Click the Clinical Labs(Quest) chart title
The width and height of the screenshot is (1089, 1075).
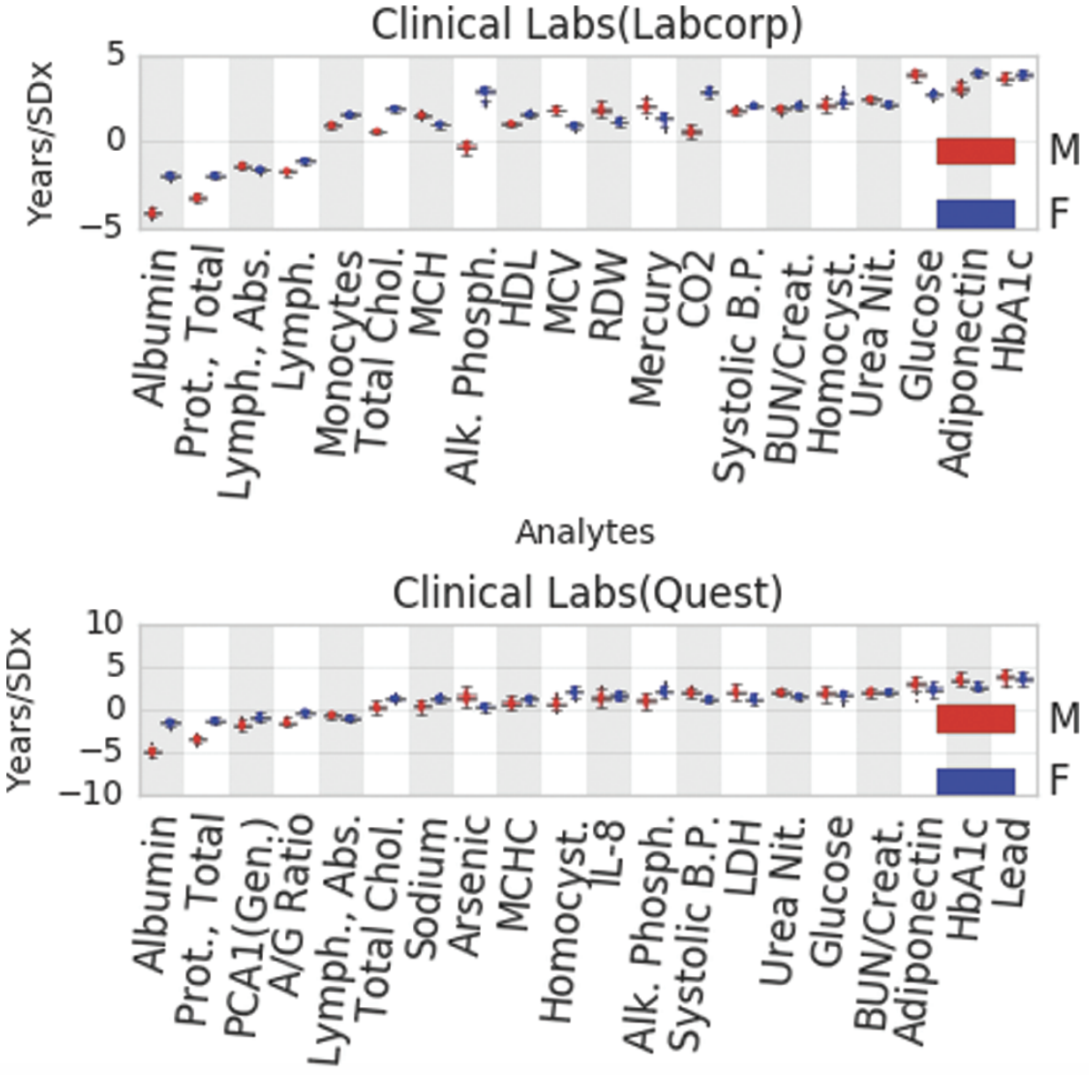587,593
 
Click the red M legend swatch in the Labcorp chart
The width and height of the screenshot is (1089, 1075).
975,151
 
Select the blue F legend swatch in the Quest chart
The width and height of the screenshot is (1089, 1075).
975,781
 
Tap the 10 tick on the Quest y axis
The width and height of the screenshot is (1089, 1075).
106,624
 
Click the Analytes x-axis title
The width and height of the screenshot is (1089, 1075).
585,532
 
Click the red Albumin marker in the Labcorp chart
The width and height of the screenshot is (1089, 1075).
153,213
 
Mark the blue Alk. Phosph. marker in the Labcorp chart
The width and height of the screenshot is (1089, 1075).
484,92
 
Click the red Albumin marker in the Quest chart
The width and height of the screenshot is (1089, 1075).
153,752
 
